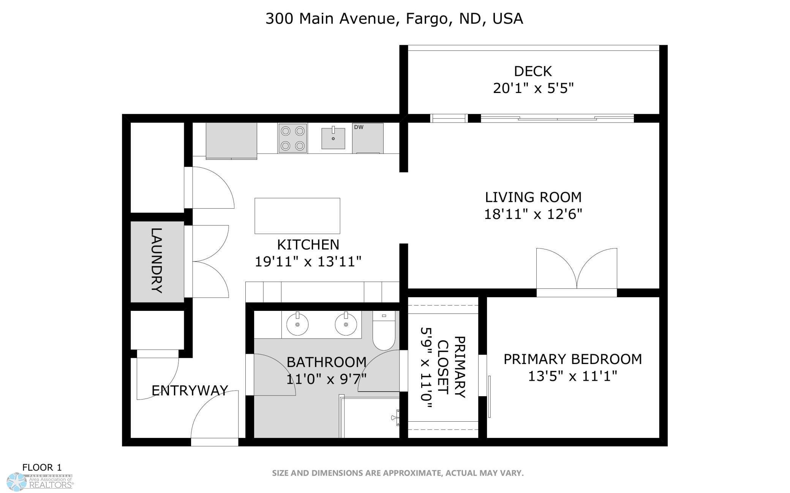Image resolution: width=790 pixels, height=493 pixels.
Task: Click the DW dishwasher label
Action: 359,127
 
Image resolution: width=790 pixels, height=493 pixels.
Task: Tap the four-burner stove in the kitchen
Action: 292,138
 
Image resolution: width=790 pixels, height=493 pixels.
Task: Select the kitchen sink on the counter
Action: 333,138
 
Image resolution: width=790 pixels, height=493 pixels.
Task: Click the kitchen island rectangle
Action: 297,216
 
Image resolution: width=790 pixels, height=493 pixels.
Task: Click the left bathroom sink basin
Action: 297,324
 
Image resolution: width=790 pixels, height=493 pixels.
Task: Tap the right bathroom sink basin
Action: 346,324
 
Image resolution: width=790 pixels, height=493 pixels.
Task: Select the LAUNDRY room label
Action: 157,261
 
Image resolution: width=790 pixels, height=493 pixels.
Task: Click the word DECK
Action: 533,71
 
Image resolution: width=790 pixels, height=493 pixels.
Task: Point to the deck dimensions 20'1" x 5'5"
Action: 533,88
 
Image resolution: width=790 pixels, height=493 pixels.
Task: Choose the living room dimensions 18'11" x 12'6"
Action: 533,214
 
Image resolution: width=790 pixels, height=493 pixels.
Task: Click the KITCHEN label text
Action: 308,245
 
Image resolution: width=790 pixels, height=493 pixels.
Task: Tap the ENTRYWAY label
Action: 190,390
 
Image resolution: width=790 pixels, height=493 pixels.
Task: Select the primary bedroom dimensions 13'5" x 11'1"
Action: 572,376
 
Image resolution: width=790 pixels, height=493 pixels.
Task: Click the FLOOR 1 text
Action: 42,467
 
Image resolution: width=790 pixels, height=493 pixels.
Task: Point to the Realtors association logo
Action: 40,482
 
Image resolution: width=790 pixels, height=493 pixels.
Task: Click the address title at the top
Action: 394,19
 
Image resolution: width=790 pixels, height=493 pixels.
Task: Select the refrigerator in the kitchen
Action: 231,141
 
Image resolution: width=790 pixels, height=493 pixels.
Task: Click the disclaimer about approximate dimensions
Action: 398,473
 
